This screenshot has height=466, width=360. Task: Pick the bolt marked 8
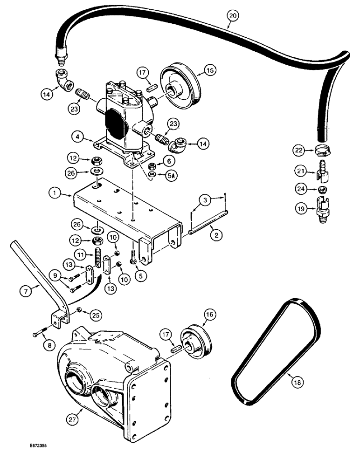tap(40, 334)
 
